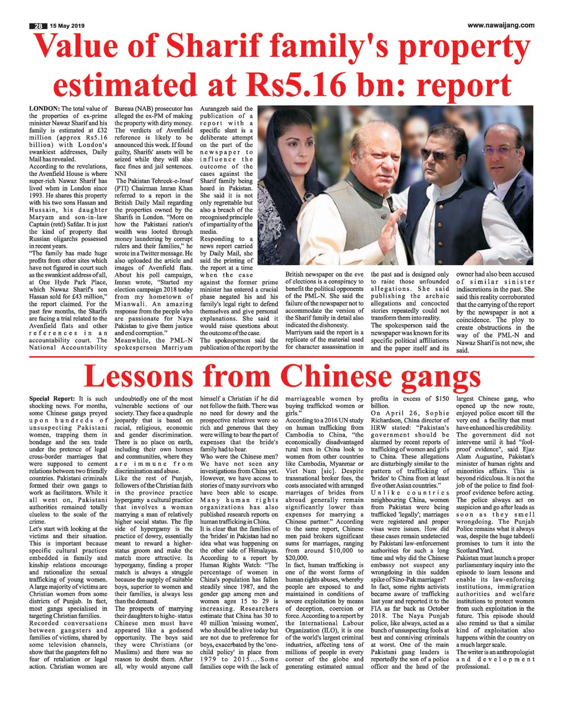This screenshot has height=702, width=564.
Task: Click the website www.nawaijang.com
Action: click(500, 25)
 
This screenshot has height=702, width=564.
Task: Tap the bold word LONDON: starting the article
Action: click(44, 109)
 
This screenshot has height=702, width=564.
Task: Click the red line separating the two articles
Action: click(282, 357)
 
